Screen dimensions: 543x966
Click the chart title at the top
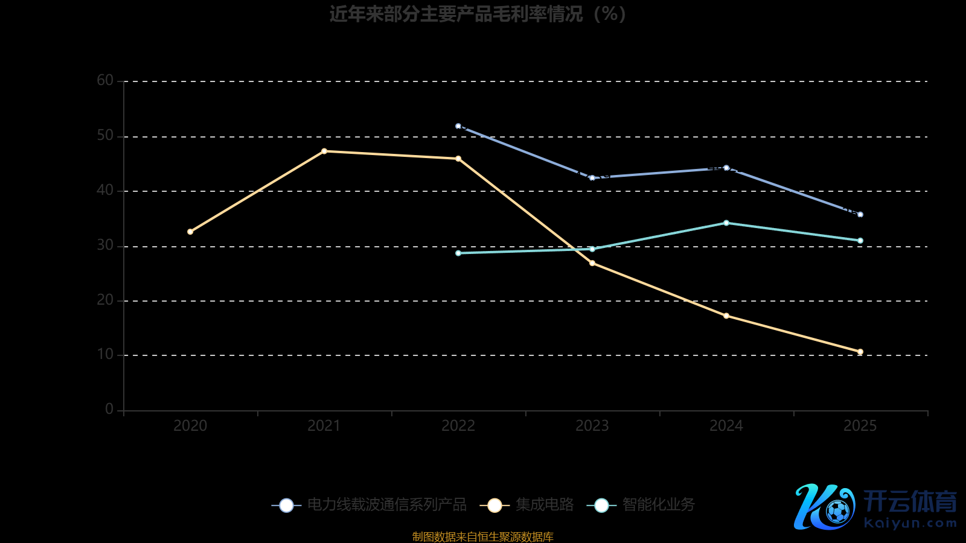tap(478, 14)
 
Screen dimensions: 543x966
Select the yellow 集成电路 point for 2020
tap(190, 232)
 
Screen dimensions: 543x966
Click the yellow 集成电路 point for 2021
tap(324, 151)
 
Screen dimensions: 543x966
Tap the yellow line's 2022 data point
tap(458, 159)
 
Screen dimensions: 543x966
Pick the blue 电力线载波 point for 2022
tap(458, 126)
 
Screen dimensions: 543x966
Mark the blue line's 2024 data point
tap(726, 168)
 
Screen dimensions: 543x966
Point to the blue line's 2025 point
tap(860, 214)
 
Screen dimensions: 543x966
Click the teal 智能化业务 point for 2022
tap(458, 253)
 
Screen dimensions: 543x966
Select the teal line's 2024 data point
tap(726, 223)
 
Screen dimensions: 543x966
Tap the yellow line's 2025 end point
tap(860, 352)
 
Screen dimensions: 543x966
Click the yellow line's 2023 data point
tap(592, 263)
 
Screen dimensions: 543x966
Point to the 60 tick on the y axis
tap(105, 80)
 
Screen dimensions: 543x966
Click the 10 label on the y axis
tap(105, 354)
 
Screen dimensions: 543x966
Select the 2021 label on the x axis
tap(324, 426)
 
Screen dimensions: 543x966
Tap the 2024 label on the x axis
tap(726, 426)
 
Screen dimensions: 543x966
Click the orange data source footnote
tap(482, 536)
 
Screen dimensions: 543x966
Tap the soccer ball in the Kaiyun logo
tap(837, 512)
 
